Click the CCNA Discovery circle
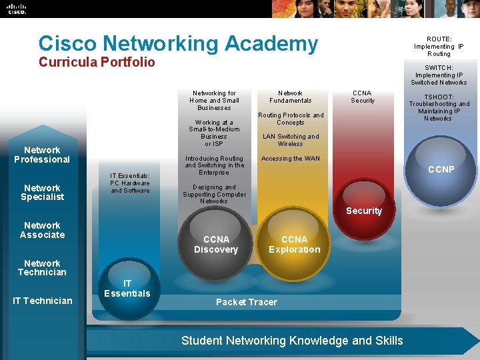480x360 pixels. pyautogui.click(x=215, y=243)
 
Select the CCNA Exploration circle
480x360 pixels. pyautogui.click(x=294, y=243)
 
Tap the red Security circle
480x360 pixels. pyautogui.click(x=363, y=211)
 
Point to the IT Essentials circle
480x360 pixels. pyautogui.click(x=127, y=289)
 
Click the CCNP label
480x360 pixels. pyautogui.click(x=441, y=169)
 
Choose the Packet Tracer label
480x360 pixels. pyautogui.click(x=246, y=302)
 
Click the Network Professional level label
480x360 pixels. pyautogui.click(x=42, y=155)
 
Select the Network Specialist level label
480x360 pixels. pyautogui.click(x=42, y=192)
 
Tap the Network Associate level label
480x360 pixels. pyautogui.click(x=42, y=230)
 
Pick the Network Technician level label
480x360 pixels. pyautogui.click(x=42, y=267)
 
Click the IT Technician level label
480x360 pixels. pyautogui.click(x=42, y=301)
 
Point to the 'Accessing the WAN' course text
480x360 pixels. pyautogui.click(x=290, y=159)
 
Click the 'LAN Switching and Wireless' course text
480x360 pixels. pyautogui.click(x=290, y=140)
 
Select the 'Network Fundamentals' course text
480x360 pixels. pyautogui.click(x=290, y=97)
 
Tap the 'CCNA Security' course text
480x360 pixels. pyautogui.click(x=363, y=97)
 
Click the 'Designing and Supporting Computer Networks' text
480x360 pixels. pyautogui.click(x=214, y=194)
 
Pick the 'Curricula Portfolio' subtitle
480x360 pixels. pyautogui.click(x=97, y=62)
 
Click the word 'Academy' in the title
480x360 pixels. pyautogui.click(x=273, y=43)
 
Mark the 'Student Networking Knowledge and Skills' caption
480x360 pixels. pyautogui.click(x=292, y=341)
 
